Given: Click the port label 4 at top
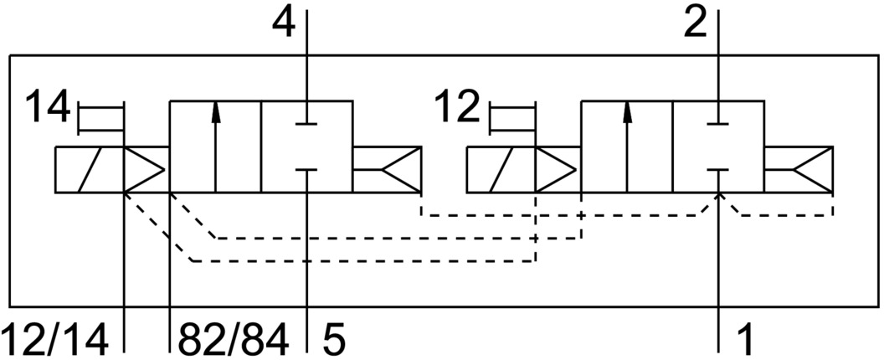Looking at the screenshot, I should tap(285, 23).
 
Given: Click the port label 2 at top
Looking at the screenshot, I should tap(696, 23).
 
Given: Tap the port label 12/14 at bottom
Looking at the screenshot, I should tap(55, 341).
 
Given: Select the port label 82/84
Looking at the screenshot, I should tap(234, 341).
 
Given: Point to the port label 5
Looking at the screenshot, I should tap(332, 341).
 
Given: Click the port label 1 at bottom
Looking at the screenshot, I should tap(743, 341).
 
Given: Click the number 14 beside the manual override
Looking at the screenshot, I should tap(47, 109).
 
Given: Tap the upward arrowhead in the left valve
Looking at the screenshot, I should tap(216, 111).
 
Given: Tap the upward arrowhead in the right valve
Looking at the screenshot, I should tap(627, 111).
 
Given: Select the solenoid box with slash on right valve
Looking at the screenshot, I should tap(500, 170).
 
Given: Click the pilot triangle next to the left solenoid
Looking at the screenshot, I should tap(143, 170).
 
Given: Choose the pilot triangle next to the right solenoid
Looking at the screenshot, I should tap(554, 170).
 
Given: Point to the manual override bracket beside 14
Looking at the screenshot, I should tap(100, 118).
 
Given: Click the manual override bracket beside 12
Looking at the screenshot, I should tap(511, 118).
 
